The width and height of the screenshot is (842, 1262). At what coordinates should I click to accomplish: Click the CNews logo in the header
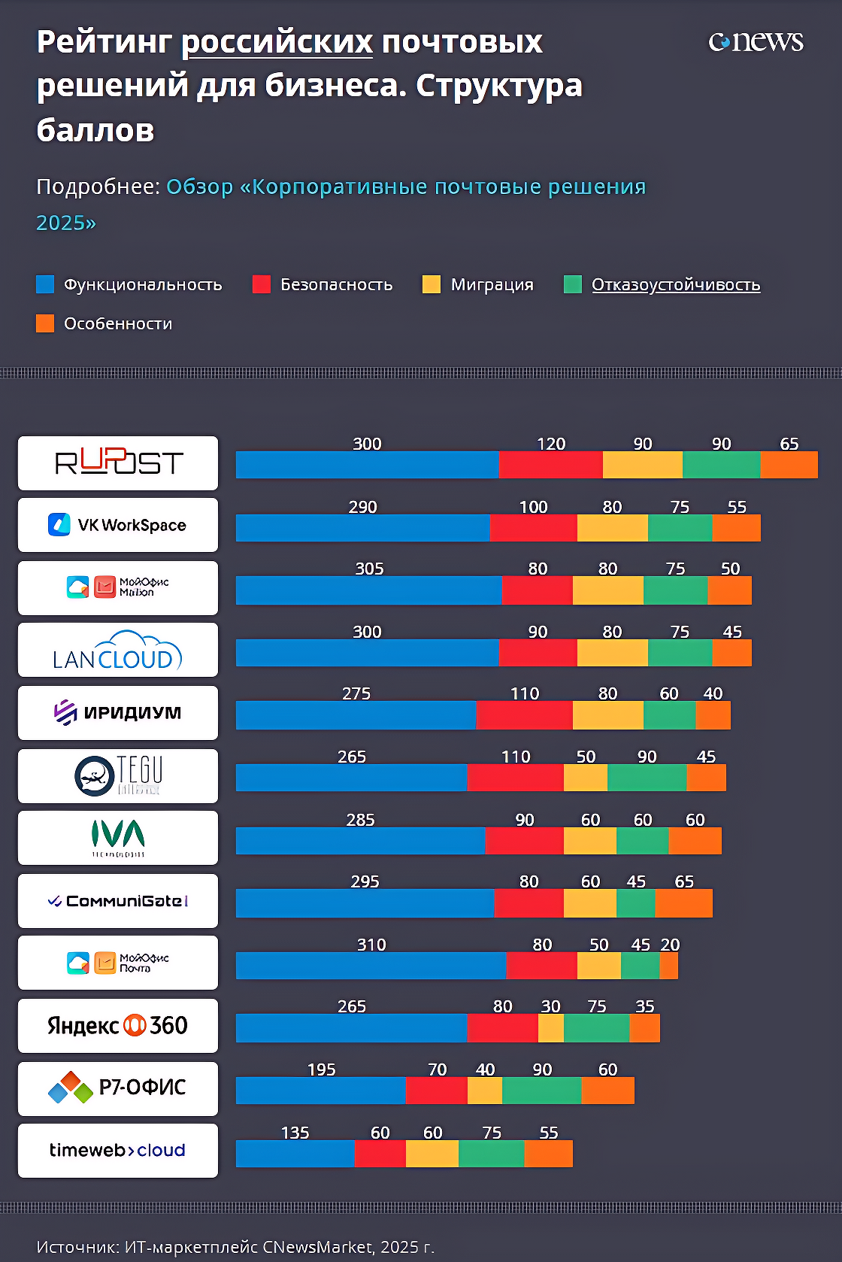756,41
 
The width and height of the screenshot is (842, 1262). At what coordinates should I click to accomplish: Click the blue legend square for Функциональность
45,284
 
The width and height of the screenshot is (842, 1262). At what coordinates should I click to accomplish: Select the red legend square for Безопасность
262,284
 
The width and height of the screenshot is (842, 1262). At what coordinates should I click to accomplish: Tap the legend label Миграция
492,284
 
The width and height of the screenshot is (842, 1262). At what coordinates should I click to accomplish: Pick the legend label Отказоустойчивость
675,284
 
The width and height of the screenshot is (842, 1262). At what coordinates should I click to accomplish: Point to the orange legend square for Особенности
45,323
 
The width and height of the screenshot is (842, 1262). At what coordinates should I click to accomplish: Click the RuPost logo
118,463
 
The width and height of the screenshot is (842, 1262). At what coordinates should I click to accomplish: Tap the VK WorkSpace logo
118,525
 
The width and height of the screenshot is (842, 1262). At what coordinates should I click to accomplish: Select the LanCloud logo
118,651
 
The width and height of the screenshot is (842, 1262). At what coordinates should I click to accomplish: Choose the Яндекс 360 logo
118,1026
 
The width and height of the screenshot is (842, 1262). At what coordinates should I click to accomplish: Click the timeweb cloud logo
118,1151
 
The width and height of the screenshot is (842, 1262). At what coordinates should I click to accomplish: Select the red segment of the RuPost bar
550,465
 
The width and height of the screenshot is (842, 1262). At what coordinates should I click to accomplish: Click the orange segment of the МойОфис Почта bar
669,966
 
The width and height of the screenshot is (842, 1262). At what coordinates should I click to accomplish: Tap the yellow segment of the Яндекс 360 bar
551,1028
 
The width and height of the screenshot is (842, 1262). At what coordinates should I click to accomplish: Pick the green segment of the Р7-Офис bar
542,1091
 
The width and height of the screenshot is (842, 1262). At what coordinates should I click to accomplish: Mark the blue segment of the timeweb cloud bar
295,1154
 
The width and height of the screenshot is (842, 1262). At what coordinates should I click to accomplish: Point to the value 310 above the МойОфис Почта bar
371,945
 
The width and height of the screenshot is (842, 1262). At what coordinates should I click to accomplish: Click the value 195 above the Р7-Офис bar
322,1069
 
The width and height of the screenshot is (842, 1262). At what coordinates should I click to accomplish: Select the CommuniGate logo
118,901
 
